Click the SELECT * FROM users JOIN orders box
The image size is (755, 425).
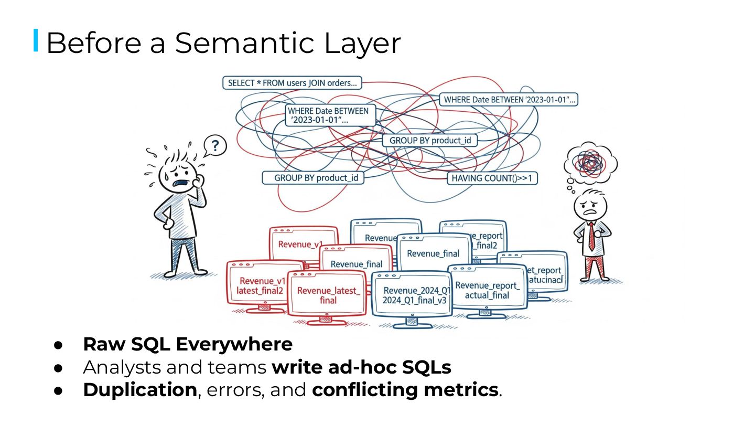click(292, 83)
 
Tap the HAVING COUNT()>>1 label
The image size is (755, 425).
click(492, 178)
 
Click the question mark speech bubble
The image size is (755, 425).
click(215, 145)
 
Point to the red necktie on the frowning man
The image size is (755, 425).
click(591, 236)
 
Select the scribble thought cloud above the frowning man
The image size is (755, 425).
click(591, 163)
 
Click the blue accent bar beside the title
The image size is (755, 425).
click(36, 40)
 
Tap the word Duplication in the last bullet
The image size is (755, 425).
click(139, 390)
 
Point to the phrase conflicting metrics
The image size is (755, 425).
click(404, 390)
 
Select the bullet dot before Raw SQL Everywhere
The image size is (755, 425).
click(59, 345)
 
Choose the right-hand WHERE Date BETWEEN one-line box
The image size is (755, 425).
click(508, 100)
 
